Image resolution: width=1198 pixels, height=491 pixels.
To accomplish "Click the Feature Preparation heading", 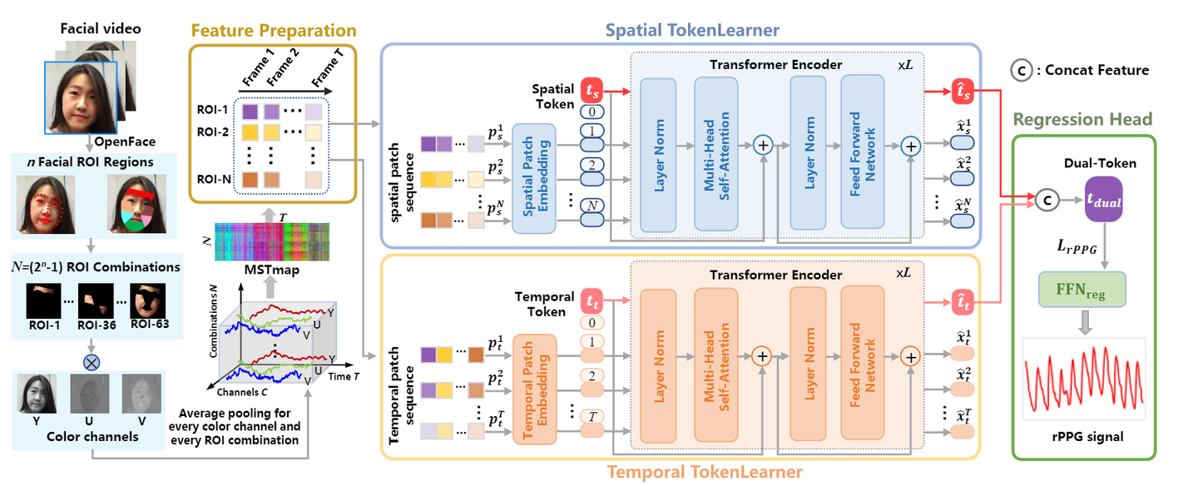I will (273, 31).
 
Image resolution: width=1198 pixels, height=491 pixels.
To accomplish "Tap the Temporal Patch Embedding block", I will (535, 389).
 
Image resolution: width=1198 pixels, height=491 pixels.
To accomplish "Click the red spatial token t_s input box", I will (592, 88).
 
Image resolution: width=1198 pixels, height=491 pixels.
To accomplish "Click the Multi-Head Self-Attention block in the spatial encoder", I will (716, 154).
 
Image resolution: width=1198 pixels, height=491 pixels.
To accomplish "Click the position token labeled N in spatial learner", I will (592, 205).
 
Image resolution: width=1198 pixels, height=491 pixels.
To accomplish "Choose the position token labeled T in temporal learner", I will (592, 415).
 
